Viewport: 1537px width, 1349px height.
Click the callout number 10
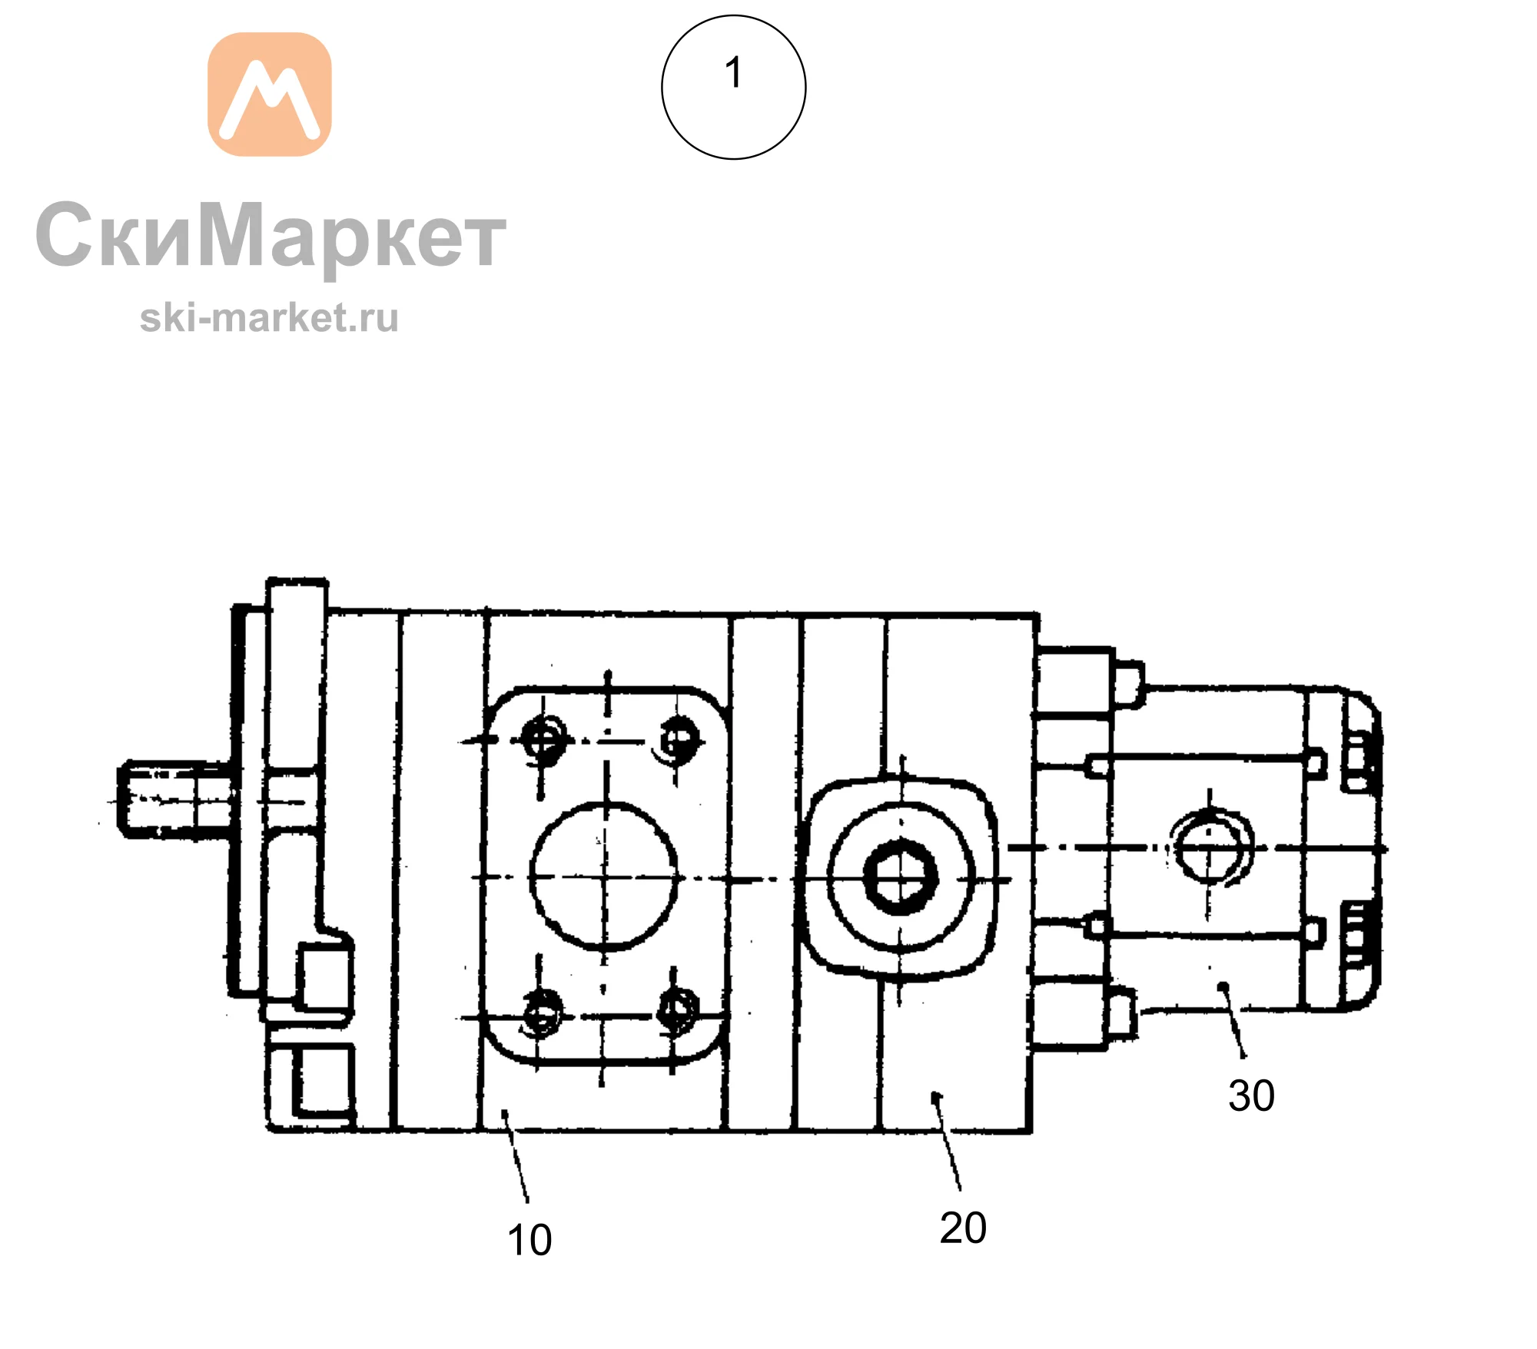pyautogui.click(x=529, y=1240)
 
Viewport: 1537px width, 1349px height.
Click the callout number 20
pyautogui.click(x=963, y=1228)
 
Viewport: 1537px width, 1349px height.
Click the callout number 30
pyautogui.click(x=1251, y=1095)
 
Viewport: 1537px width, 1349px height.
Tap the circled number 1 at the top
pyautogui.click(x=734, y=87)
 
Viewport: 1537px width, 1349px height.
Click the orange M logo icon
pyautogui.click(x=270, y=94)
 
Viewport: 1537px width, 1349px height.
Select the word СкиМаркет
pyautogui.click(x=271, y=236)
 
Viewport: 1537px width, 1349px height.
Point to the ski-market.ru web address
pyautogui.click(x=270, y=318)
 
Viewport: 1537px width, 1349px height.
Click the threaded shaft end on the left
pyautogui.click(x=174, y=799)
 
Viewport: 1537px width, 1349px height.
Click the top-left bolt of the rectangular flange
pyautogui.click(x=543, y=741)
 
